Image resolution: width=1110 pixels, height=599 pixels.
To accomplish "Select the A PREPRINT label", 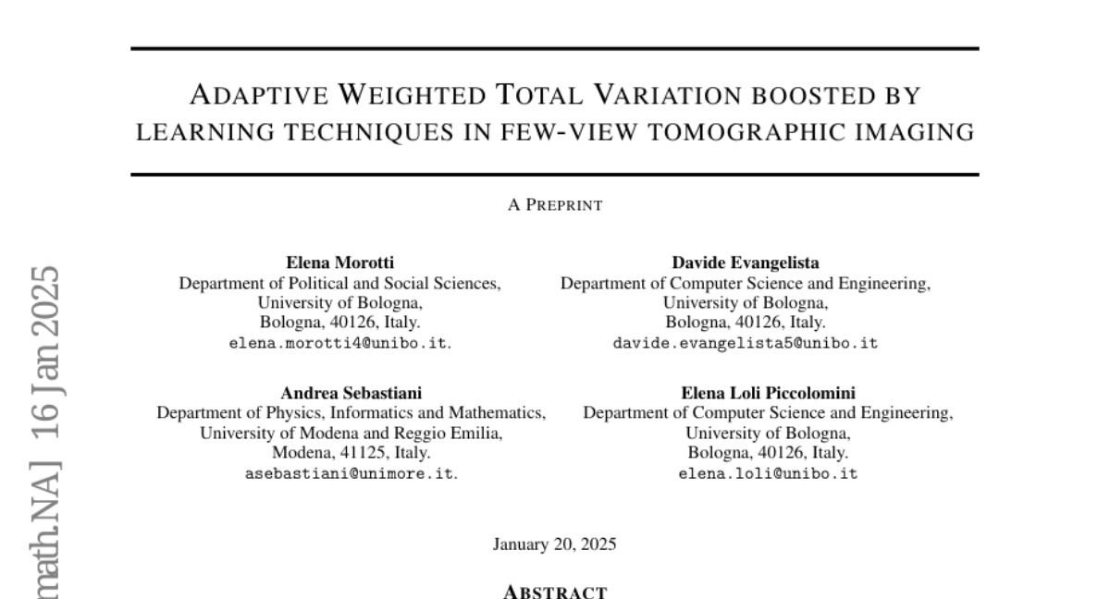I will pos(555,205).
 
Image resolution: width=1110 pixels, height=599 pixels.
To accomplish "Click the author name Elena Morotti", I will pos(339,263).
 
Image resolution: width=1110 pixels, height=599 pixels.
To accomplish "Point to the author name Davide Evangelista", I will pos(745,263).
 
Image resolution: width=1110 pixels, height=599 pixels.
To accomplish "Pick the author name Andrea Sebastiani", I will pos(351,393).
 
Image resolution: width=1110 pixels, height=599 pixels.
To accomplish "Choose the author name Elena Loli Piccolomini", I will pos(768,393).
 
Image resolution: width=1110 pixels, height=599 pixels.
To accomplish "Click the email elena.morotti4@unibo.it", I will pos(339,343).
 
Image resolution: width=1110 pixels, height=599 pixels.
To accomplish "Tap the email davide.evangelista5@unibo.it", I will pos(745,343).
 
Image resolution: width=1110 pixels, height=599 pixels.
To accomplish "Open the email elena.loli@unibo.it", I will pos(768,473).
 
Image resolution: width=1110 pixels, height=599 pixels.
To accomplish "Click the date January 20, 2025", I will pos(555,544).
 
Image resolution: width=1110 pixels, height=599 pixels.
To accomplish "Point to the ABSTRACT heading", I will pos(555,592).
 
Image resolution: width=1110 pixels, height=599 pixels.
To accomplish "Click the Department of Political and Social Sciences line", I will pos(339,284).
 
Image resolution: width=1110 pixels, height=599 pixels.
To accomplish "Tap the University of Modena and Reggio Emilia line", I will pos(351,433).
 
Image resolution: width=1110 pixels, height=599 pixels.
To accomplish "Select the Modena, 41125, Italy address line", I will pos(351,453).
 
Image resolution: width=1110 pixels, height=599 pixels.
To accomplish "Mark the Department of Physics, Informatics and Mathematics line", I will pos(351,413).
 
